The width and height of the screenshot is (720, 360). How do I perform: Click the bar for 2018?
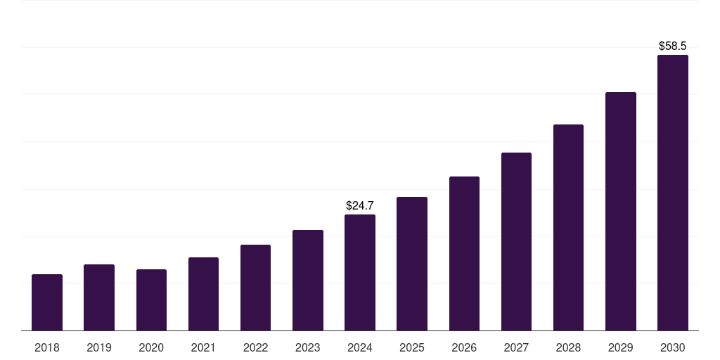coord(47,302)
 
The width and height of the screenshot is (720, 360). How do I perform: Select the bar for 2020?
coord(151,300)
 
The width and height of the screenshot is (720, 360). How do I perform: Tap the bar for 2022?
coord(255,288)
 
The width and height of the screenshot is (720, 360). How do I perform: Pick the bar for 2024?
coord(360,273)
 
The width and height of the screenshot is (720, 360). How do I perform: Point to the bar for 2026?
coord(464,254)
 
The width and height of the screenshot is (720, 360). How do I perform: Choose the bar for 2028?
coord(568,228)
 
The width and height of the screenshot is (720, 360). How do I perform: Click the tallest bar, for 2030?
coord(673,193)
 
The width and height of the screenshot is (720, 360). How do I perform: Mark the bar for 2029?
coord(621,212)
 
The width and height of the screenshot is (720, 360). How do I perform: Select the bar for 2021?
coord(203,294)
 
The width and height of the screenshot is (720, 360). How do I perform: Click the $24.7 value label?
coord(360,206)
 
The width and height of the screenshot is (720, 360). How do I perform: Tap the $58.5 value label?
coord(673,46)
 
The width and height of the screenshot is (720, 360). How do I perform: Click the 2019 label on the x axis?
coord(99,347)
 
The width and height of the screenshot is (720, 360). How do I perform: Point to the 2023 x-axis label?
coord(308,347)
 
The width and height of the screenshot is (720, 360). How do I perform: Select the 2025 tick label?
coord(412,347)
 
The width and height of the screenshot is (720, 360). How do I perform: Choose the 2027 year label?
coord(516,347)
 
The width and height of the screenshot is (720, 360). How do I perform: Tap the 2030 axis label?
coord(673,347)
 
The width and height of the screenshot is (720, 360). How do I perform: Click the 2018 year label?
coord(47,347)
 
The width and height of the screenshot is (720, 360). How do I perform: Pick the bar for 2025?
coord(412,264)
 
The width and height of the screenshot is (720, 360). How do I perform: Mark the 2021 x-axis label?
coord(203,347)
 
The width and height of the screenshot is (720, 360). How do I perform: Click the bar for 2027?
coord(516,242)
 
